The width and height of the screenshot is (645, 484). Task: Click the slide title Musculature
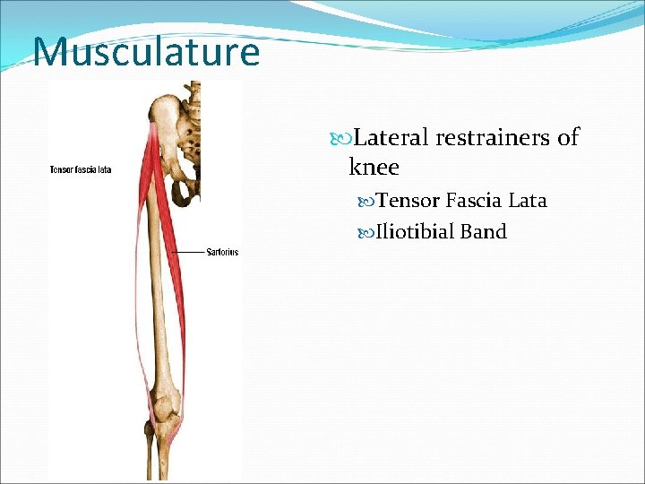146,52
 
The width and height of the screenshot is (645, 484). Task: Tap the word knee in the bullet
374,168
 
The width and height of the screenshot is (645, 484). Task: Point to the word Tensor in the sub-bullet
408,200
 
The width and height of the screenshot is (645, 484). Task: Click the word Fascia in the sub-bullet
474,200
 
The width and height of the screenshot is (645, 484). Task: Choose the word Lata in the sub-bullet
528,200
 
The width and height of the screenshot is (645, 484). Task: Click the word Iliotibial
415,232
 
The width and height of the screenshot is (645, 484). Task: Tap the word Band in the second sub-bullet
484,232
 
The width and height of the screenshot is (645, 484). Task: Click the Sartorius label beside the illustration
222,253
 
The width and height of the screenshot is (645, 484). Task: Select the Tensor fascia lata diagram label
81,170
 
